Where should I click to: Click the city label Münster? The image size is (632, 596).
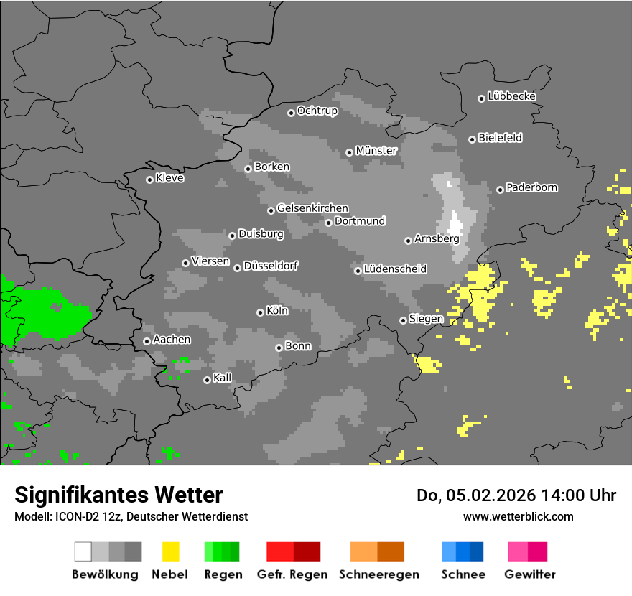(376, 151)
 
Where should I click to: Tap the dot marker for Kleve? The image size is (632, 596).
(149, 180)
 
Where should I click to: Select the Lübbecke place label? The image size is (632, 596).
(511, 96)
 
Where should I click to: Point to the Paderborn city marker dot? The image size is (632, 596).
(500, 190)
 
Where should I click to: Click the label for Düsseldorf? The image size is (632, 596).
(271, 266)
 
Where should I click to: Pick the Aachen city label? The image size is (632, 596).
(172, 340)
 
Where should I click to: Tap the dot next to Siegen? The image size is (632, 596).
(403, 320)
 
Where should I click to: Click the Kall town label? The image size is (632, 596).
(223, 378)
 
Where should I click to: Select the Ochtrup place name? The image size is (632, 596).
(317, 111)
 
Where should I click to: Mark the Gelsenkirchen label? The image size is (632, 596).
(312, 208)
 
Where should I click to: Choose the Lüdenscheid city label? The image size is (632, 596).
(395, 269)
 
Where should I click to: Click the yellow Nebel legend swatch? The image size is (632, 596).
(170, 551)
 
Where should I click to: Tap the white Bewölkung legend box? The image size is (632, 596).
(83, 551)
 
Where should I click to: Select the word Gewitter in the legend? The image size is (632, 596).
(529, 574)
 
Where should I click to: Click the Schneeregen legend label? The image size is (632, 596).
(378, 574)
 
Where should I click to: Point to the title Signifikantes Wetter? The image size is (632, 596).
(118, 495)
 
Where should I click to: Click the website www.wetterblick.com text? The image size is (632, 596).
(518, 516)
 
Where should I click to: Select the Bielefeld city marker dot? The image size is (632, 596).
(472, 139)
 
